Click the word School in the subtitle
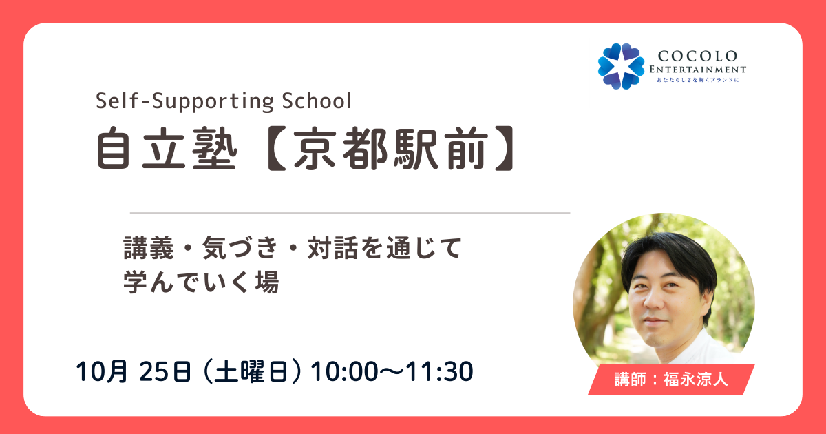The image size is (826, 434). pyautogui.click(x=317, y=101)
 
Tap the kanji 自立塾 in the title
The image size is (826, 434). pyautogui.click(x=167, y=147)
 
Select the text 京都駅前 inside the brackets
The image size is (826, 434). pyautogui.click(x=391, y=147)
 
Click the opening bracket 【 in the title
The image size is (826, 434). pyautogui.click(x=277, y=147)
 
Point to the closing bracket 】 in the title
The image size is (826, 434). pyautogui.click(x=504, y=147)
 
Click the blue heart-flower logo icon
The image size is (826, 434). pyautogui.click(x=622, y=66)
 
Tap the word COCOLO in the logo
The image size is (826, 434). pyautogui.click(x=697, y=56)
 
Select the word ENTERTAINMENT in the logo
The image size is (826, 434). pyautogui.click(x=698, y=70)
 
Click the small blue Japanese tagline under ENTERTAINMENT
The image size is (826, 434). pyautogui.click(x=698, y=80)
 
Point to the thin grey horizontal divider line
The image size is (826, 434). pyautogui.click(x=350, y=213)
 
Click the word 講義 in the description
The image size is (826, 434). pyautogui.click(x=148, y=247)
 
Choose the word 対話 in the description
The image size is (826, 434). pyautogui.click(x=332, y=247)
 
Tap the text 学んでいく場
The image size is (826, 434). pyautogui.click(x=201, y=282)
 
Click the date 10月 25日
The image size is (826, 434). pyautogui.click(x=134, y=371)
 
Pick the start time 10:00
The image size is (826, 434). pyautogui.click(x=344, y=371)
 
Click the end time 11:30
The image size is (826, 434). pyautogui.click(x=439, y=371)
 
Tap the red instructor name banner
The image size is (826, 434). pyautogui.click(x=671, y=380)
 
